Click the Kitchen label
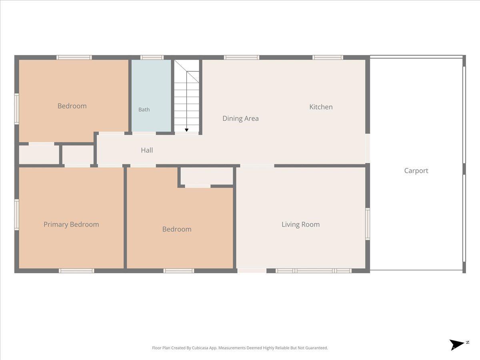(x=321, y=107)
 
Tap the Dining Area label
(x=240, y=118)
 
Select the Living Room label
(x=300, y=224)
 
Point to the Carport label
(x=416, y=171)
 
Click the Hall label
(x=147, y=150)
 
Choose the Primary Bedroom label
(x=71, y=224)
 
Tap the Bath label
(x=144, y=110)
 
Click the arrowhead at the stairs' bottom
(x=186, y=130)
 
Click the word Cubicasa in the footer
(x=200, y=348)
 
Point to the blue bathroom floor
(x=151, y=96)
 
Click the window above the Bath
(x=152, y=58)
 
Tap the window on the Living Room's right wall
(x=368, y=224)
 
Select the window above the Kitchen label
(x=328, y=58)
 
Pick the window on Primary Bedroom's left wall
(x=17, y=214)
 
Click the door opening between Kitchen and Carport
(x=368, y=148)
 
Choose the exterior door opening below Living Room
(x=252, y=271)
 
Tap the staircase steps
(x=186, y=96)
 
